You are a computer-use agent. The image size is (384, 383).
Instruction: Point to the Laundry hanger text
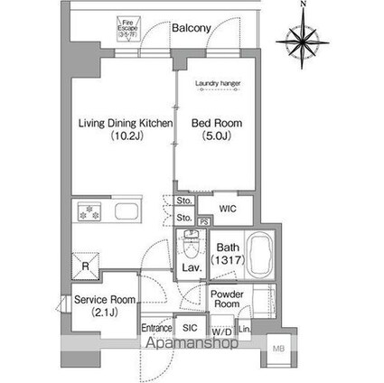[x=216, y=88]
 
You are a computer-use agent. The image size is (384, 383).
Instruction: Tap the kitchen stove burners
[x=91, y=213]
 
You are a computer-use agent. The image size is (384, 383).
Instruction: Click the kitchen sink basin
[x=124, y=213]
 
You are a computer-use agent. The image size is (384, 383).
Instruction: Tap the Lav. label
[x=191, y=268]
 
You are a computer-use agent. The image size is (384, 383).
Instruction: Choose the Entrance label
[x=156, y=329]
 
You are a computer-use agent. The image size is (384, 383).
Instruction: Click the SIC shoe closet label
[x=189, y=329]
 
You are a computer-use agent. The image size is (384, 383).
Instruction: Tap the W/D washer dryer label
[x=222, y=332]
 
